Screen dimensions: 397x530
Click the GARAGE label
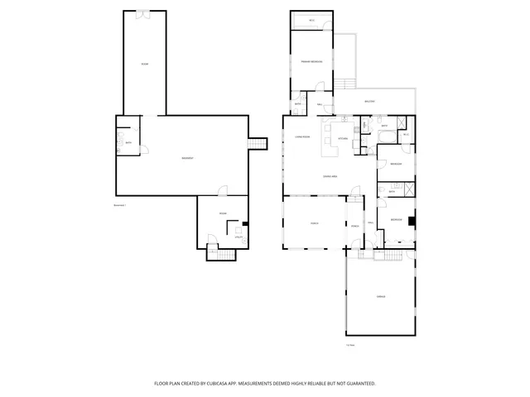381,296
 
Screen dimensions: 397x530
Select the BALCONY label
369,102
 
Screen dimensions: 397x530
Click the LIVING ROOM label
301,136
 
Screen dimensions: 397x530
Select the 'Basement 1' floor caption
119,205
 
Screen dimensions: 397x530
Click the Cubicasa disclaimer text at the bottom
265,384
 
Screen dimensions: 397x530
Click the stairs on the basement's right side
258,144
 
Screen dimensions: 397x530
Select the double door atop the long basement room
143,12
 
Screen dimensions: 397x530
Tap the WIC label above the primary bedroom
311,20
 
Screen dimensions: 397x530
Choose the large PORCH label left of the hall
314,223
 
